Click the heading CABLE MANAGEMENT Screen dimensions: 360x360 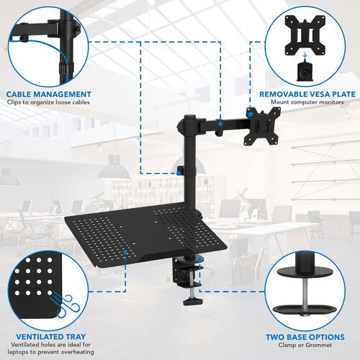click(49, 94)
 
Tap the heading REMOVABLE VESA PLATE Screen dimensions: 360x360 click(307, 94)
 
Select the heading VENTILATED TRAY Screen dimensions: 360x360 click(51, 337)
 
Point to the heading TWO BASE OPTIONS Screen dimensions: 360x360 click(305, 337)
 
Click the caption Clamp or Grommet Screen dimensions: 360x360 click(305, 345)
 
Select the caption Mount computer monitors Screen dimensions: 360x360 click(307, 102)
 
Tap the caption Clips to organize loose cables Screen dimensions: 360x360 click(48, 102)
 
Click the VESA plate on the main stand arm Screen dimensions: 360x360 click(262, 126)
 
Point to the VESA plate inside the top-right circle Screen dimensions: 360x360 click(305, 35)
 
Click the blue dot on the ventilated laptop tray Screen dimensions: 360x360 click(125, 252)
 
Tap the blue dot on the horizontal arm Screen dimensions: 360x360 click(220, 124)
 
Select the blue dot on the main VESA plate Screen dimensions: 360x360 click(250, 114)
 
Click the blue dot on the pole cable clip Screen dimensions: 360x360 click(179, 173)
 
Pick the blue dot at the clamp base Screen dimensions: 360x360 click(199, 260)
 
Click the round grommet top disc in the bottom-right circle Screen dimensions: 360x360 click(305, 272)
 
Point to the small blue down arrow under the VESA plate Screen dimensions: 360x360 click(305, 55)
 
